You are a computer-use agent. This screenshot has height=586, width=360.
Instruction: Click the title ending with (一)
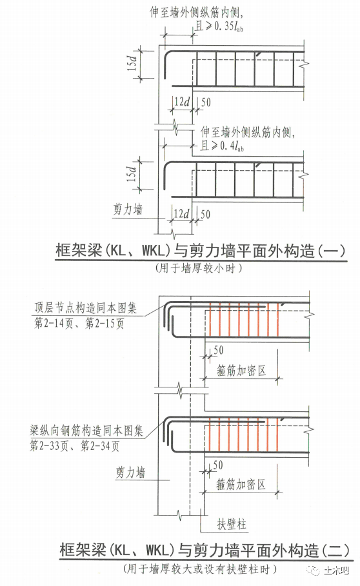[201, 251]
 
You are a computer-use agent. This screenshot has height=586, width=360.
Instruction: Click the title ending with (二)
[204, 550]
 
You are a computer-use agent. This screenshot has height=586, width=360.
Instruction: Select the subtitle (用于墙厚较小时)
[199, 268]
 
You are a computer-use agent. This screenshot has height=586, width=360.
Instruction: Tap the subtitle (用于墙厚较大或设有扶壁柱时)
[200, 569]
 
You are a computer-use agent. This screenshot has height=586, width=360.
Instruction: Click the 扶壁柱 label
[232, 524]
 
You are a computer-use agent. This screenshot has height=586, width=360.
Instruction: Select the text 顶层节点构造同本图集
[86, 308]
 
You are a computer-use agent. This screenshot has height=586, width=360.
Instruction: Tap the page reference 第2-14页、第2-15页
[79, 323]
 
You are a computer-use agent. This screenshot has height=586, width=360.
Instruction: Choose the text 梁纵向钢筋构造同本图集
[86, 431]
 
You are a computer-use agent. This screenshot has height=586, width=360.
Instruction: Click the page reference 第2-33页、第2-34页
[74, 446]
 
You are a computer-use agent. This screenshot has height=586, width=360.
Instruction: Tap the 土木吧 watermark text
[336, 571]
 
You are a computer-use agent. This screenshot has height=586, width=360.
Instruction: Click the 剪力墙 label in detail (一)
[128, 210]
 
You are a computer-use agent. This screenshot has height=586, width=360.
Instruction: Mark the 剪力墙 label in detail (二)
[130, 473]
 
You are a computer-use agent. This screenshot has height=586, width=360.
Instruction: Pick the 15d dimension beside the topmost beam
[132, 62]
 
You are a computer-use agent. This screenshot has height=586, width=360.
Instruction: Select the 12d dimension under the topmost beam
[182, 102]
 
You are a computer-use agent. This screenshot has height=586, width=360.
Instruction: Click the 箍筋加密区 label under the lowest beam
[241, 485]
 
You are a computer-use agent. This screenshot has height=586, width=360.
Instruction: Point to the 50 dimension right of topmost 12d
[206, 102]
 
